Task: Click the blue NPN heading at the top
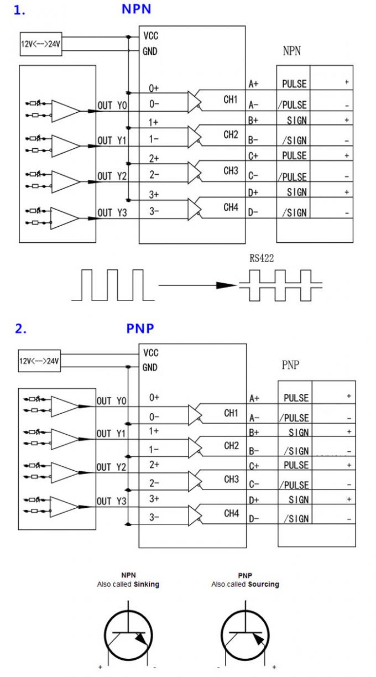click(136, 9)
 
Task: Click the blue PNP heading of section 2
click(140, 328)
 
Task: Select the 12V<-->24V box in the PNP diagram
click(39, 361)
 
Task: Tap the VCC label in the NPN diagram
click(151, 36)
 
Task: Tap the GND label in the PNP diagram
click(150, 367)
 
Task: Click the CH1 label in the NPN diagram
click(231, 100)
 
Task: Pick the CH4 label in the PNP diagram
click(231, 514)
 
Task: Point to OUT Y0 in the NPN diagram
click(112, 105)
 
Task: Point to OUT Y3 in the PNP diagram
click(112, 502)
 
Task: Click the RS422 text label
click(262, 257)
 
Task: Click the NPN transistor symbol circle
click(128, 636)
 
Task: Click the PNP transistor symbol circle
click(245, 636)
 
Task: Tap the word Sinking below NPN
click(147, 584)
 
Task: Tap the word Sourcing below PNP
click(263, 584)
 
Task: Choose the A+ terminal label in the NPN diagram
click(254, 84)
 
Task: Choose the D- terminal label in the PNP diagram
click(254, 519)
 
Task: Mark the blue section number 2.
click(20, 329)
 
